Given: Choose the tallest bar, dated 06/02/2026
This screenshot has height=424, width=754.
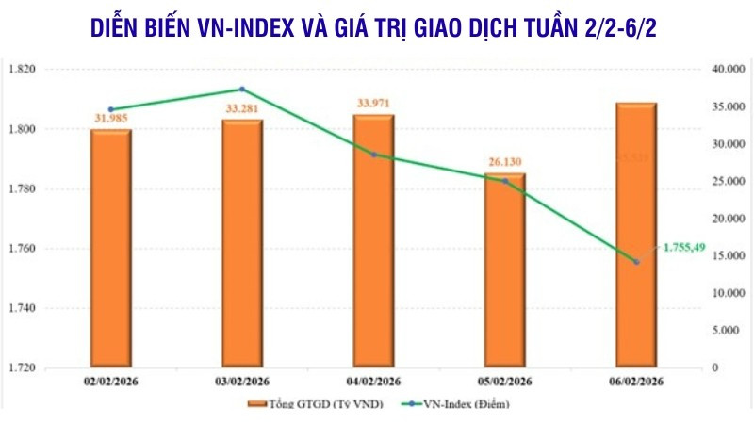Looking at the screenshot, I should [x=637, y=235].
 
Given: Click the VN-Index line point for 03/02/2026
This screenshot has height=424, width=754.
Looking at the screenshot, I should [x=242, y=90].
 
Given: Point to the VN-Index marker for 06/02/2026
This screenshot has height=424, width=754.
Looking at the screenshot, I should [x=636, y=262].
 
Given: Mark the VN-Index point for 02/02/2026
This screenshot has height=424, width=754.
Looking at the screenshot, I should [x=110, y=109].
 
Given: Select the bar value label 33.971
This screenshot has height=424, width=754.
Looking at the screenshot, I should [x=374, y=103].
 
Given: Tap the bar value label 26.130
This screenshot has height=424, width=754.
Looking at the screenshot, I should [x=505, y=161].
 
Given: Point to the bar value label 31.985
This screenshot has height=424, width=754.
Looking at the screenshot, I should [x=110, y=117].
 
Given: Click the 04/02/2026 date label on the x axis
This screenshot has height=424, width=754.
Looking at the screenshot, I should [x=374, y=382].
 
